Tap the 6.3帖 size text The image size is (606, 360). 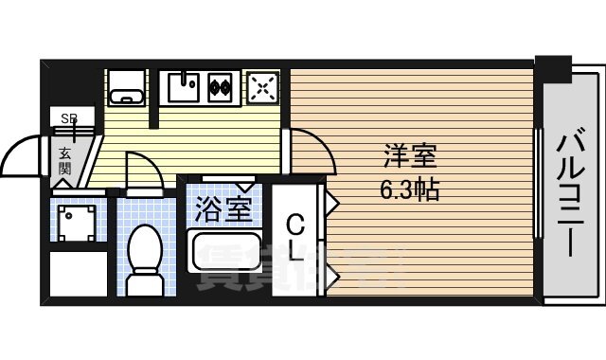click(409, 189)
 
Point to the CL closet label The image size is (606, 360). click(295, 239)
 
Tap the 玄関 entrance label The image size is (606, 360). click(65, 160)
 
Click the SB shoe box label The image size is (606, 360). click(69, 118)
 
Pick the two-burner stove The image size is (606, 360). click(221, 88)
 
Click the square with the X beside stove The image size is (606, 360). click(260, 88)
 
